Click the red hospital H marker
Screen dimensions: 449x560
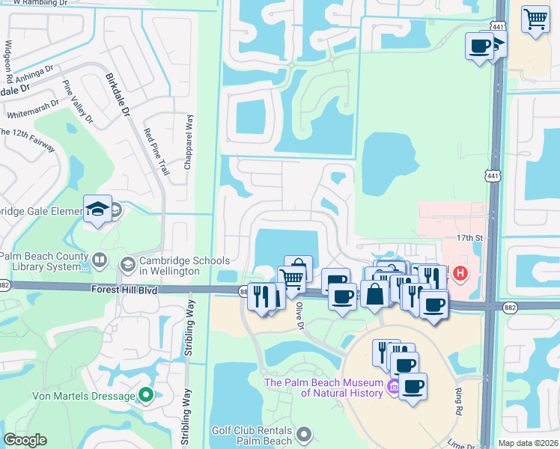click(460, 275)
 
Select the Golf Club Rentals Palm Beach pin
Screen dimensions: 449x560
click(304, 433)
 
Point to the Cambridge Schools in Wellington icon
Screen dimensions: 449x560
click(127, 263)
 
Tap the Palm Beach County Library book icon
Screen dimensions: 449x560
click(100, 260)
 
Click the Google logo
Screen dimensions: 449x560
click(25, 440)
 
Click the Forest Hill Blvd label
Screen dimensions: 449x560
click(124, 289)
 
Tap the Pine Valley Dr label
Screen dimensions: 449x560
click(79, 103)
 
